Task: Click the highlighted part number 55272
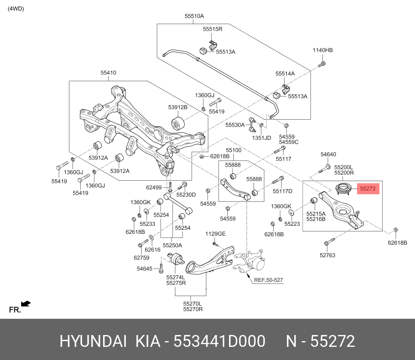368,189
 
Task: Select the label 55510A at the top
194,16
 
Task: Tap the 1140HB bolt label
322,50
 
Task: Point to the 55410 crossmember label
108,73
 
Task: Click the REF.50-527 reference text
268,279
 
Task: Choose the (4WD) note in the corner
16,9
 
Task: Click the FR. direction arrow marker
25,303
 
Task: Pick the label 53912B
178,107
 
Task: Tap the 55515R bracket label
213,29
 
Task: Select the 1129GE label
215,234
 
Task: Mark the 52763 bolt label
327,255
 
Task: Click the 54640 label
328,154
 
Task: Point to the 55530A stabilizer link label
235,125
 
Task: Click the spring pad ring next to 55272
343,190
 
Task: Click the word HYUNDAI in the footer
93,341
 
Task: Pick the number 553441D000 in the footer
219,341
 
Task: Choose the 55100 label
233,150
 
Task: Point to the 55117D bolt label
282,191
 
